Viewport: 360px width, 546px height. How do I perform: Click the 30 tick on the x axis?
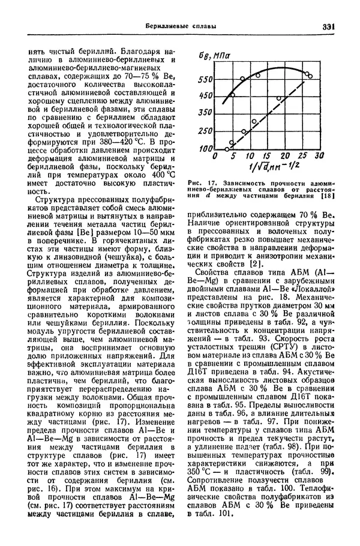(319, 155)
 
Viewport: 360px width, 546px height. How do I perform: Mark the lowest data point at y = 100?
(227, 148)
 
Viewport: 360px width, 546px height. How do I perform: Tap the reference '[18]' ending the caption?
(328, 195)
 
